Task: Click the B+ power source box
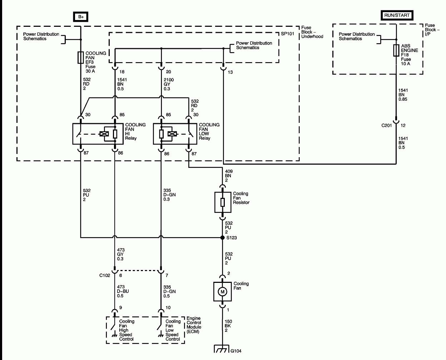click(x=81, y=17)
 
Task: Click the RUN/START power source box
click(x=396, y=15)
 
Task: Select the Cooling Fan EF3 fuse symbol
click(x=81, y=57)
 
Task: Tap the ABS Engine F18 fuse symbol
click(x=396, y=51)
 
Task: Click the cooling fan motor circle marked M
click(x=222, y=292)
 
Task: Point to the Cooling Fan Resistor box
click(x=222, y=202)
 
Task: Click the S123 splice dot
click(x=222, y=237)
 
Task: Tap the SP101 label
click(x=287, y=35)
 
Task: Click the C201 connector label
click(x=387, y=126)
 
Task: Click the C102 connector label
click(x=105, y=275)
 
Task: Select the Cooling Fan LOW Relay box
click(x=175, y=134)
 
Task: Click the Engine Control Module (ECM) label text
click(x=194, y=325)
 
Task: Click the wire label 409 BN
click(x=228, y=176)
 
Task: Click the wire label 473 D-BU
click(x=123, y=291)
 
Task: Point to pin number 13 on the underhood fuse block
click(x=230, y=72)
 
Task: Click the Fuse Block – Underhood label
click(x=312, y=32)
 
